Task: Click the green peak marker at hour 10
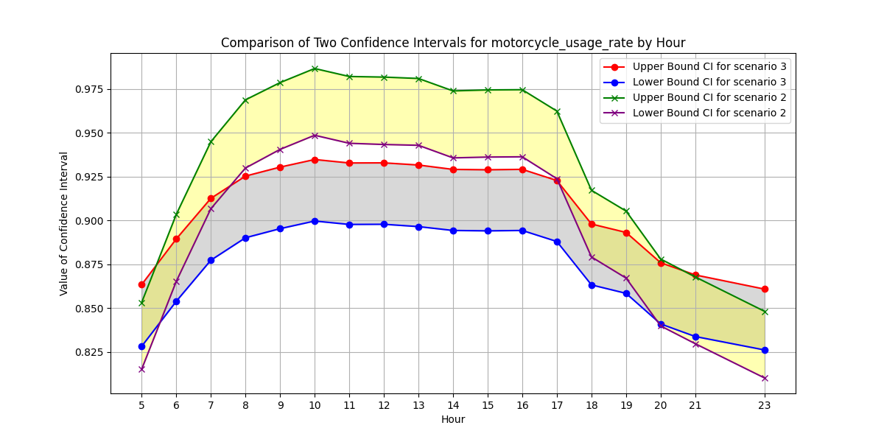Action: tap(315, 69)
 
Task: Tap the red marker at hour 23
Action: tap(765, 289)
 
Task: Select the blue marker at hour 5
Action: tap(141, 346)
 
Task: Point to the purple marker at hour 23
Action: tap(765, 378)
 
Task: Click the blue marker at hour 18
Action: tap(592, 285)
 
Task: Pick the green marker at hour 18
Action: tap(592, 190)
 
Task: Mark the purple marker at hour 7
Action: tap(211, 208)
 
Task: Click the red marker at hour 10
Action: tap(315, 160)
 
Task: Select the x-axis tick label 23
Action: tap(765, 404)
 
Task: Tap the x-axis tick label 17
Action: tap(557, 404)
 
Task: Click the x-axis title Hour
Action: tap(453, 419)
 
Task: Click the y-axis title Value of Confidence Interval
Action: tap(64, 223)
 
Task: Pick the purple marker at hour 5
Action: tap(141, 369)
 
